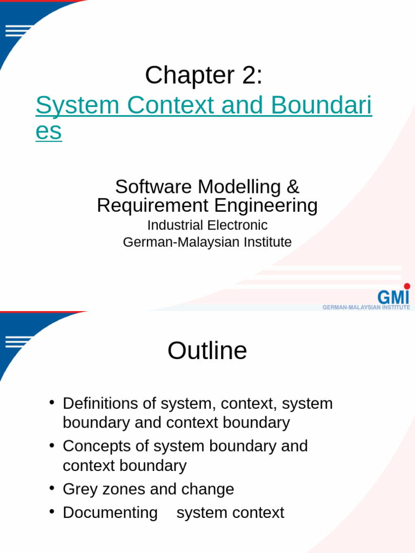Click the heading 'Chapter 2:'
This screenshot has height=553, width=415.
click(x=204, y=75)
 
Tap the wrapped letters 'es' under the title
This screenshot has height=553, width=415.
click(x=49, y=132)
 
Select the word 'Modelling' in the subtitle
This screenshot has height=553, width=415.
click(x=239, y=187)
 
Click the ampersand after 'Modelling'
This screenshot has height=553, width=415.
click(x=293, y=187)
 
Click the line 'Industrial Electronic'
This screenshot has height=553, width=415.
click(x=207, y=225)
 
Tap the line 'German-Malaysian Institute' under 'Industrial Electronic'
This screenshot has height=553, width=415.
click(x=207, y=242)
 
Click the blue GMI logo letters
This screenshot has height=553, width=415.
click(x=393, y=297)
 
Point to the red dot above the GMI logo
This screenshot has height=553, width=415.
click(x=407, y=286)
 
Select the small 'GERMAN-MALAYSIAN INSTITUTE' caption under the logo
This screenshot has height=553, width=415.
click(x=366, y=307)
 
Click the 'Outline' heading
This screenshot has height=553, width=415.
click(x=207, y=351)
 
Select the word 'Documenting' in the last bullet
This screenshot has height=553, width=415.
click(x=110, y=512)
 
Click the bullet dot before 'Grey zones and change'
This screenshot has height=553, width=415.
click(x=52, y=488)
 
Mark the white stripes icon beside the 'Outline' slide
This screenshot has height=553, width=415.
click(x=18, y=342)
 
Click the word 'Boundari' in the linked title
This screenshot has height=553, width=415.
click(x=322, y=105)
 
